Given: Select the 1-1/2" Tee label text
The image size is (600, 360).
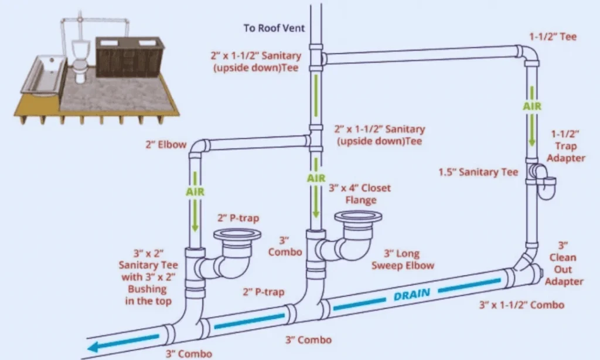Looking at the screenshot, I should tap(560, 37).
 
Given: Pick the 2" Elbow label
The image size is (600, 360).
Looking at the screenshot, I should tap(165, 144).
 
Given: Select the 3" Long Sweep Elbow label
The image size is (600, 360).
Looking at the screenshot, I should tap(409, 260).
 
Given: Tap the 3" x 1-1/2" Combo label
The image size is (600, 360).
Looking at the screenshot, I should tap(520, 305).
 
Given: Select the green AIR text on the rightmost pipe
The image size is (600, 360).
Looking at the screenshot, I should tap(532, 107).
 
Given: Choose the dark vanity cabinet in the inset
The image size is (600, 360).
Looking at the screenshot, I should tap(129, 57).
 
